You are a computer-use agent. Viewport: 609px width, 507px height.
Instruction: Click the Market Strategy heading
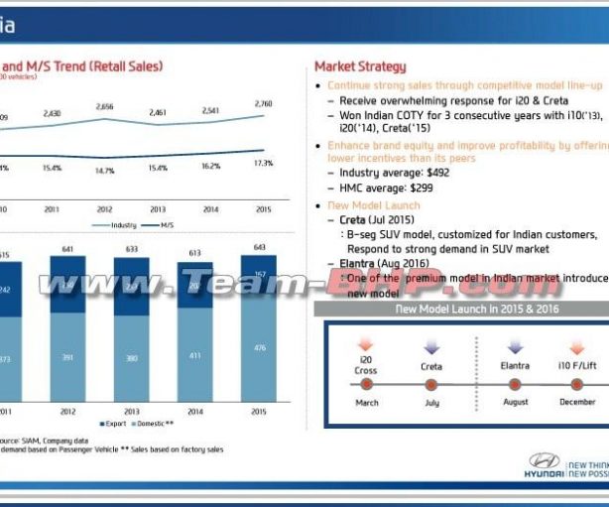(360, 66)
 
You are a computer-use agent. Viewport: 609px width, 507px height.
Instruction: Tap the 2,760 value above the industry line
(264, 103)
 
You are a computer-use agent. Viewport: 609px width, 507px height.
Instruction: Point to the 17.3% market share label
(264, 164)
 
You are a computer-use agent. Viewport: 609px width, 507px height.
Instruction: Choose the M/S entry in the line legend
(170, 225)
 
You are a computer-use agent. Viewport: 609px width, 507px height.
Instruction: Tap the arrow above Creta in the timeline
(430, 347)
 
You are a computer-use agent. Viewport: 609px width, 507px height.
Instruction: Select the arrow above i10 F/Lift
(576, 347)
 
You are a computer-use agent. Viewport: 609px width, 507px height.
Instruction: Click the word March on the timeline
(367, 403)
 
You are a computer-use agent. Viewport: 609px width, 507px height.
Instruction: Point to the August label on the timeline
(516, 403)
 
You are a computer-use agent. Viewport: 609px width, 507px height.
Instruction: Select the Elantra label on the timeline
(516, 366)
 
